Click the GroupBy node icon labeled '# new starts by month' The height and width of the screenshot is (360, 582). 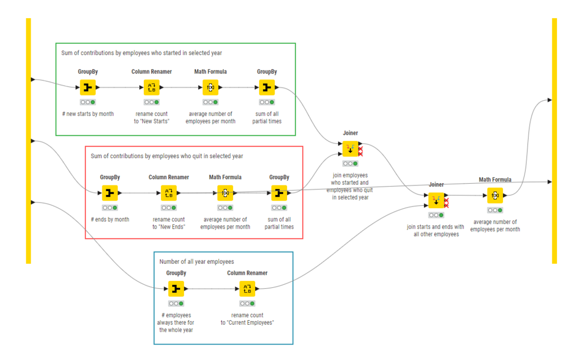tap(88, 88)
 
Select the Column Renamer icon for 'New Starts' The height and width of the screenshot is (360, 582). tap(151, 88)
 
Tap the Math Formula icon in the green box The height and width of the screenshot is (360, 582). tap(210, 88)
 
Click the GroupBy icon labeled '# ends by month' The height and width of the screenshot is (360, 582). tap(110, 193)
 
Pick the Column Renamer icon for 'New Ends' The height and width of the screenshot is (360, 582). tap(169, 193)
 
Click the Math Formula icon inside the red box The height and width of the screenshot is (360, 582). tap(225, 193)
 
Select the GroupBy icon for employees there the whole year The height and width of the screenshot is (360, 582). tap(176, 289)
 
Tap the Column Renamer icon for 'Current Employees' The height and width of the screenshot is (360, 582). tap(247, 289)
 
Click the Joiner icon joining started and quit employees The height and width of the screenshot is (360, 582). tap(350, 148)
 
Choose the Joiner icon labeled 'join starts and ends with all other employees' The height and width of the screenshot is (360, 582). tap(436, 200)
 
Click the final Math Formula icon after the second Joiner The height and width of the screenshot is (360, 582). tap(495, 196)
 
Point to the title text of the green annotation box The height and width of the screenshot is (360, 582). tap(142, 53)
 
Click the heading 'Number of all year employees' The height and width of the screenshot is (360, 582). tap(197, 262)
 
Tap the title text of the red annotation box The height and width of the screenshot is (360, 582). tap(167, 156)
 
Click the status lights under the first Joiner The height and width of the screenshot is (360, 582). tap(350, 163)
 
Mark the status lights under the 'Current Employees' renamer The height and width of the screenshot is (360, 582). tap(247, 304)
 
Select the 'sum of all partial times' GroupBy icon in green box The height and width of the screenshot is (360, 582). tap(267, 88)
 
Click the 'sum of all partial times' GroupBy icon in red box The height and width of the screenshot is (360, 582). tap(279, 193)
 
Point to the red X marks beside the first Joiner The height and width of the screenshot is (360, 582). tap(360, 151)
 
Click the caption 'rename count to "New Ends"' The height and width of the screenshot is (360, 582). tap(169, 223)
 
